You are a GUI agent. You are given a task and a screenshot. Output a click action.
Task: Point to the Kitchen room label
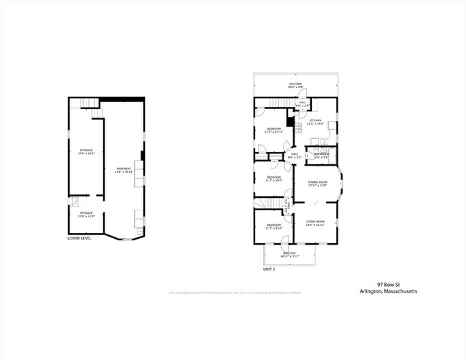tap(316, 122)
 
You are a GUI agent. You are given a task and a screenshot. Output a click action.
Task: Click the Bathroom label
tap(320, 155)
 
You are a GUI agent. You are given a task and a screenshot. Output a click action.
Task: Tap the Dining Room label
tap(318, 184)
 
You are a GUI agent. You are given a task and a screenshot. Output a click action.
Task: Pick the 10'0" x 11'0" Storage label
tap(86, 214)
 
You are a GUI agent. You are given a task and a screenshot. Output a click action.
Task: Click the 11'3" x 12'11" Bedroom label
tap(274, 131)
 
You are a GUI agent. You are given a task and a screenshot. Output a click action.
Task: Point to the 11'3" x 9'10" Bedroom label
tap(274, 227)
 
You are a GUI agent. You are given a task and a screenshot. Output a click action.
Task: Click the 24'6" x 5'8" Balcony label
tap(296, 85)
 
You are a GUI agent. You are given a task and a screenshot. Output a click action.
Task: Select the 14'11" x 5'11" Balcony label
tap(290, 255)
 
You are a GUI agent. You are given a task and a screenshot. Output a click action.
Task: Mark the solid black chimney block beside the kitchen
tap(291, 120)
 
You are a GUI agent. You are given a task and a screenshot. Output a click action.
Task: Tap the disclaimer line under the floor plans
tap(234, 293)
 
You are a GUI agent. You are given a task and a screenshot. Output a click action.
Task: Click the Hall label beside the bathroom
tap(294, 155)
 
